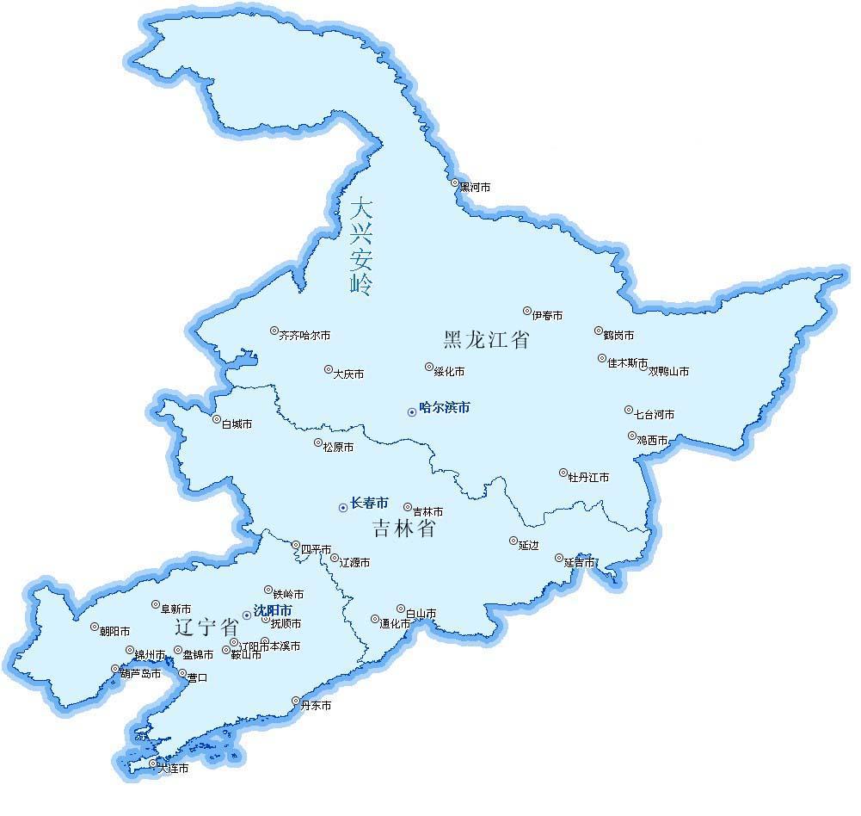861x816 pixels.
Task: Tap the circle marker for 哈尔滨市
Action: click(x=412, y=412)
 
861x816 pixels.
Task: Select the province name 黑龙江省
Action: click(x=486, y=339)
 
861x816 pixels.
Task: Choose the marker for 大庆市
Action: click(x=328, y=369)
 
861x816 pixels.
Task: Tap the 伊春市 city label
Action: click(x=547, y=316)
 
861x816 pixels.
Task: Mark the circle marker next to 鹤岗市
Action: click(x=598, y=331)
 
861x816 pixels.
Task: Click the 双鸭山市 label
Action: click(x=668, y=372)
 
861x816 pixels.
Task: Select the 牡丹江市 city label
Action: click(x=588, y=478)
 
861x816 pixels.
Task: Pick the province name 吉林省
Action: click(x=403, y=528)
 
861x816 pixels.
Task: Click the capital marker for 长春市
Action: click(x=343, y=508)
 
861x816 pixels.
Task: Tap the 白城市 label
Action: click(x=237, y=424)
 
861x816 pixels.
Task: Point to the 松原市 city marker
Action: click(x=317, y=442)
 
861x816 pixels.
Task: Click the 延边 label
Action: click(x=528, y=546)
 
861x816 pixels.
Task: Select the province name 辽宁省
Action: click(x=206, y=625)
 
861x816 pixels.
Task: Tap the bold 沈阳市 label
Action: click(x=274, y=610)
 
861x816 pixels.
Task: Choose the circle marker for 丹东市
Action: click(x=296, y=701)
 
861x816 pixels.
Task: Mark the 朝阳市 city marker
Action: click(x=95, y=627)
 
